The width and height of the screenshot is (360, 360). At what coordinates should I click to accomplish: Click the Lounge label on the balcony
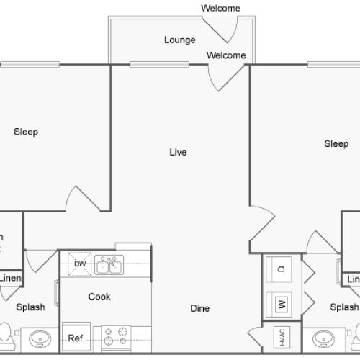point(179,40)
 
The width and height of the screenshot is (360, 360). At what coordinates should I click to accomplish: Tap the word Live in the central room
point(178,152)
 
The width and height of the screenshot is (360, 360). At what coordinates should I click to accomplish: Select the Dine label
point(199,308)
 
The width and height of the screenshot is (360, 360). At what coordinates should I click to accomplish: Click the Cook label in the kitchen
point(99,296)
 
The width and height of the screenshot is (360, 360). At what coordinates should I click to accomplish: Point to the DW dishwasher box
point(79,264)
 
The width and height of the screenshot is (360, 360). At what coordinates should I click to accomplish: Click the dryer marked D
point(281,269)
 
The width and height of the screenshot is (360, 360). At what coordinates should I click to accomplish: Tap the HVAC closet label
point(280,336)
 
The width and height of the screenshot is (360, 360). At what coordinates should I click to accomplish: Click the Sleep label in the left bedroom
point(26,132)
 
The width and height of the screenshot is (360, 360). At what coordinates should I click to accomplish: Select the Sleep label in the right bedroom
point(336,144)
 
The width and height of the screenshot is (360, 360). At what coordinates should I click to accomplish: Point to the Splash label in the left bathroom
point(30,307)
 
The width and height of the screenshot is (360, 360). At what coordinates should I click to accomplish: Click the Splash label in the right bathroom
point(344,307)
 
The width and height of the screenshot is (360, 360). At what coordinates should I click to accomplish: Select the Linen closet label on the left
point(9,279)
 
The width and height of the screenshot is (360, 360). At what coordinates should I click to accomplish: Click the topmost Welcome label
point(220,8)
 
